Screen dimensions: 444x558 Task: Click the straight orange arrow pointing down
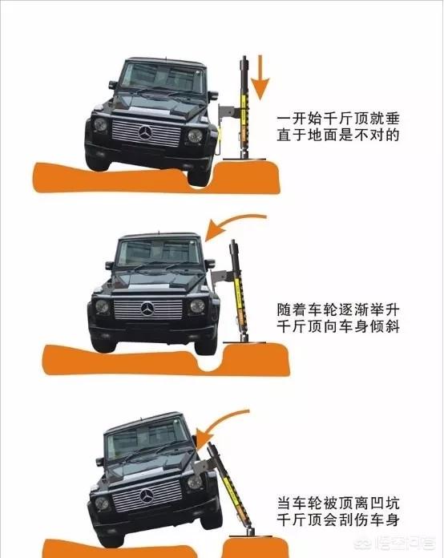coord(261,78)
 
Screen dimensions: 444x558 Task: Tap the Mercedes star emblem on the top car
coord(145,133)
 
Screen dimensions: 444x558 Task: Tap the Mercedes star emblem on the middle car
coord(147,309)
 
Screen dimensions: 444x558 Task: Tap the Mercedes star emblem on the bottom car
coord(147,496)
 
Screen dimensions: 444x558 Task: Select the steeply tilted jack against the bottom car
coord(228,491)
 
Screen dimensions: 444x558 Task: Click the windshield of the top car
coord(163,77)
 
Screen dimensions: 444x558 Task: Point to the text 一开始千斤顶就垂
coord(338,119)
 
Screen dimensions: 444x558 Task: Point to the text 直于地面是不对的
coord(338,135)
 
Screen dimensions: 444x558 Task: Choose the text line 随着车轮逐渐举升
coord(338,309)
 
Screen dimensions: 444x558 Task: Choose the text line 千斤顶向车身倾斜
coord(338,326)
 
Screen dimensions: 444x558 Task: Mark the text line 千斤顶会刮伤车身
coord(338,520)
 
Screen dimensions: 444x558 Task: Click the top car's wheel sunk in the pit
coord(200,176)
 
